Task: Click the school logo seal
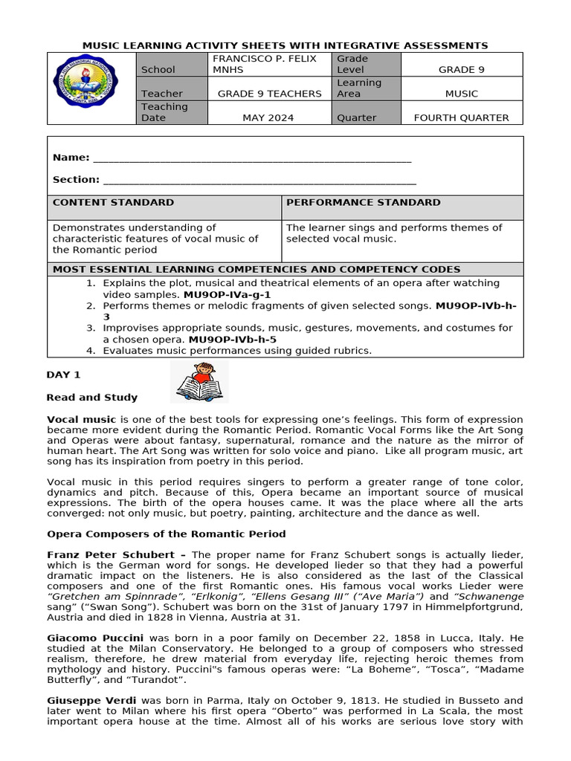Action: pyautogui.click(x=91, y=88)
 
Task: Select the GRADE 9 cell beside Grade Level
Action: pyautogui.click(x=461, y=70)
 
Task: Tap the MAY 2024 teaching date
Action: pyautogui.click(x=268, y=117)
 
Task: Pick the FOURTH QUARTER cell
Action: pyautogui.click(x=461, y=117)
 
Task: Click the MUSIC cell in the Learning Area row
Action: pyautogui.click(x=461, y=94)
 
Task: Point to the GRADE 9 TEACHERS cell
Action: pyautogui.click(x=269, y=94)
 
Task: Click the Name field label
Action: pyautogui.click(x=71, y=158)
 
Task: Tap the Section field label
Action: pyautogui.click(x=76, y=179)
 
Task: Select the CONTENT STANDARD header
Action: pyautogui.click(x=114, y=202)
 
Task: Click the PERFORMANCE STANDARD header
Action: pyautogui.click(x=363, y=202)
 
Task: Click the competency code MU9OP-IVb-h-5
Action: pyautogui.click(x=233, y=340)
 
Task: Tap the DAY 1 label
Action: pyautogui.click(x=63, y=375)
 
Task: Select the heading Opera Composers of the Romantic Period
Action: pyautogui.click(x=166, y=534)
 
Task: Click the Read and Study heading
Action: pyautogui.click(x=92, y=398)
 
